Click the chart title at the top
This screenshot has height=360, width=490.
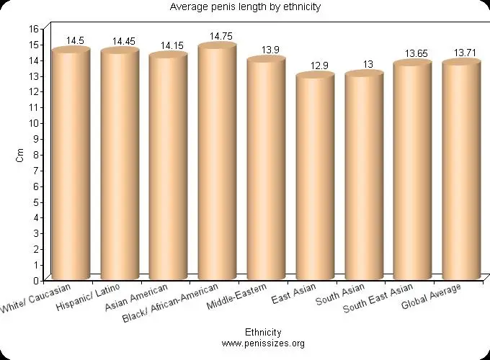click(x=245, y=7)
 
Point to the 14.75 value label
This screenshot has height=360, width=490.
click(x=220, y=35)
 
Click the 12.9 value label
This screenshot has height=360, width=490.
click(x=319, y=66)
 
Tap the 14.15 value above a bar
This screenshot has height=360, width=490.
click(x=171, y=45)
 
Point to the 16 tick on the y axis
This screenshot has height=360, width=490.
click(x=33, y=28)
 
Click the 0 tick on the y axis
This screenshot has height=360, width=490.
click(x=36, y=280)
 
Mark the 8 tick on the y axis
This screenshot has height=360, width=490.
click(x=36, y=154)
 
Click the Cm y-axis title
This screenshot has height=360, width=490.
click(x=19, y=155)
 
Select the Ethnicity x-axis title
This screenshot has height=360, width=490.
click(x=263, y=333)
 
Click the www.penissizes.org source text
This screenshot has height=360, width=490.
click(x=263, y=343)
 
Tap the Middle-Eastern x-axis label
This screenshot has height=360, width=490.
click(x=237, y=297)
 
